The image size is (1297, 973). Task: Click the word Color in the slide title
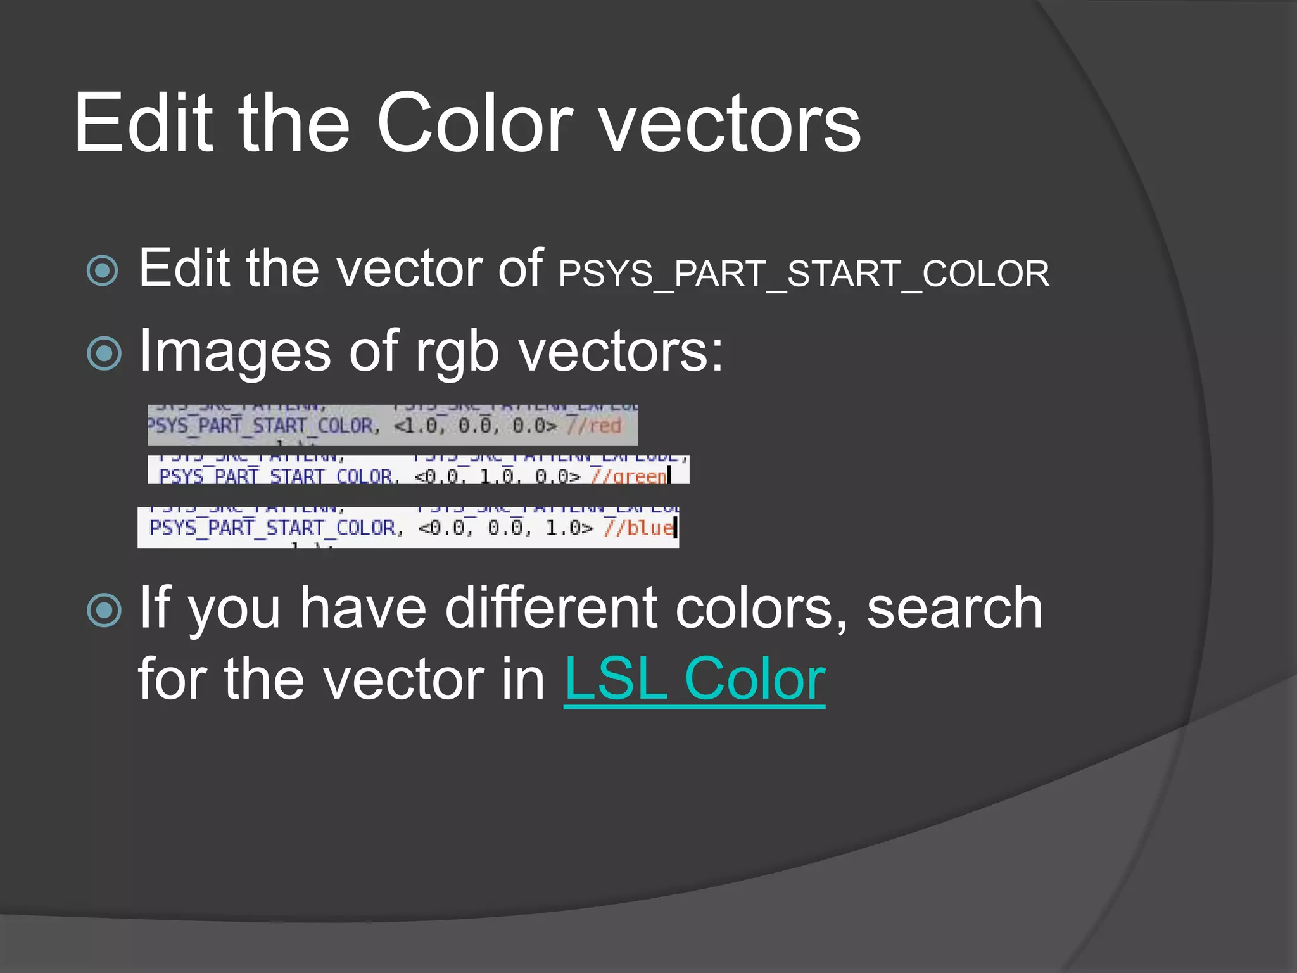point(475,123)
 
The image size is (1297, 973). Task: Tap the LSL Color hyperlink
point(694,679)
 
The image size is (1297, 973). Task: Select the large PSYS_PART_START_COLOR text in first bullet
point(804,274)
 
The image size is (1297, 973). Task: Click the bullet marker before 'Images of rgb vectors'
point(104,353)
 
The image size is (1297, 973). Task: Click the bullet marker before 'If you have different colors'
point(104,611)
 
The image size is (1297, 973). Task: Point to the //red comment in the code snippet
point(594,426)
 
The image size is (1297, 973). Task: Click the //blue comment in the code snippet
point(638,528)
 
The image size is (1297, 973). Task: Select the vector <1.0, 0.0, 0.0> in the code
point(475,426)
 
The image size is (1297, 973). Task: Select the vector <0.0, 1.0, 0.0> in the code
point(497,476)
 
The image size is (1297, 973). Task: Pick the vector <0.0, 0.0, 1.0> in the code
point(505,528)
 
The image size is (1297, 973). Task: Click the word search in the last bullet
point(954,608)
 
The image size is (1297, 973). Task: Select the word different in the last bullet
point(551,608)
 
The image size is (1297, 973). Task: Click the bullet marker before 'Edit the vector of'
point(103,271)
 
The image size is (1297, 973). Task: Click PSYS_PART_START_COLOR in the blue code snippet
point(272,528)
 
